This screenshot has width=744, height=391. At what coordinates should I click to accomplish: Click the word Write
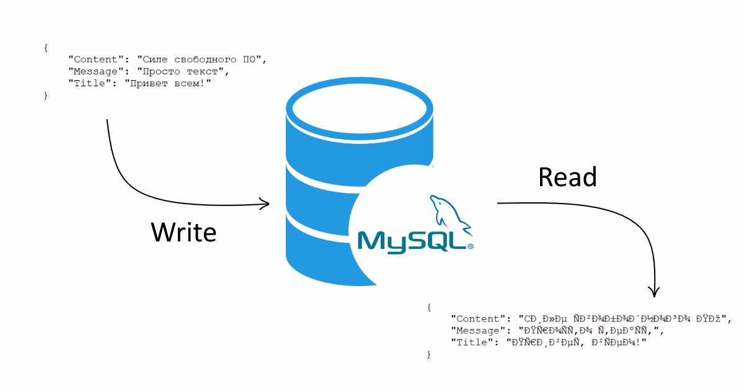(x=184, y=232)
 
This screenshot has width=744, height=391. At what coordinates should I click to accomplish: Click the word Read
(x=567, y=178)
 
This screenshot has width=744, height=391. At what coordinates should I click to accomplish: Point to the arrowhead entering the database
(x=265, y=203)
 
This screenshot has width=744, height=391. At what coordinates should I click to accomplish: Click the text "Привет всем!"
(x=167, y=83)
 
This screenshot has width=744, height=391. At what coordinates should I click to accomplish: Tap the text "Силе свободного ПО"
(x=201, y=60)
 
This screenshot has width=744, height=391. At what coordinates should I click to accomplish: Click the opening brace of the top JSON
(x=45, y=48)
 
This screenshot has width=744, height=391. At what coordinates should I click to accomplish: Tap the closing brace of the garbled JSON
(x=428, y=354)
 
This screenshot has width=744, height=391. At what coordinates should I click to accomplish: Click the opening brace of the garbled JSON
(x=428, y=307)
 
